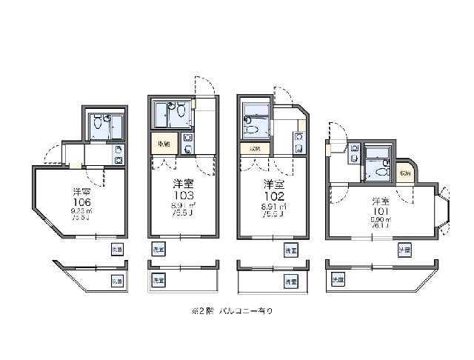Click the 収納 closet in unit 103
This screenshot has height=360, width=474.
tap(163, 144)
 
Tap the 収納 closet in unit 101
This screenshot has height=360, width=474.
tap(404, 172)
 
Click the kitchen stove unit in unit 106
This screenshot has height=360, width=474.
tap(118, 154)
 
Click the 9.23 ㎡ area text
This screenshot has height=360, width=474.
tap(82, 211)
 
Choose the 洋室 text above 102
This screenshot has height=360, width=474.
tap(274, 183)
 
